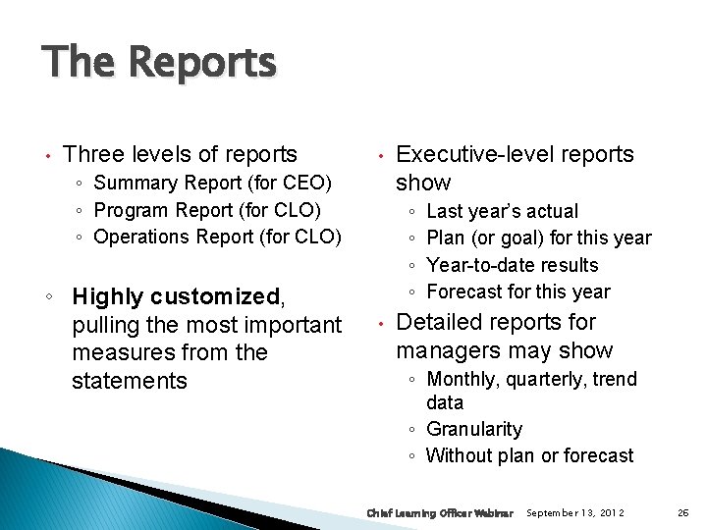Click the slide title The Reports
(159, 63)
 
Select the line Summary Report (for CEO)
(213, 183)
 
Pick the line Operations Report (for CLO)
(217, 237)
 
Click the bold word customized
(222, 296)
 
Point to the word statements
(129, 381)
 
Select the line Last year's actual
(503, 211)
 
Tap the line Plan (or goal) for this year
(539, 238)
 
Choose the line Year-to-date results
(513, 265)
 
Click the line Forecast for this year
(518, 291)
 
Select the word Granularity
(474, 429)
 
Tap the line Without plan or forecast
(529, 455)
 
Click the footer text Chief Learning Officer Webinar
(439, 513)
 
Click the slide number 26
(682, 513)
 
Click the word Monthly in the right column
(462, 379)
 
